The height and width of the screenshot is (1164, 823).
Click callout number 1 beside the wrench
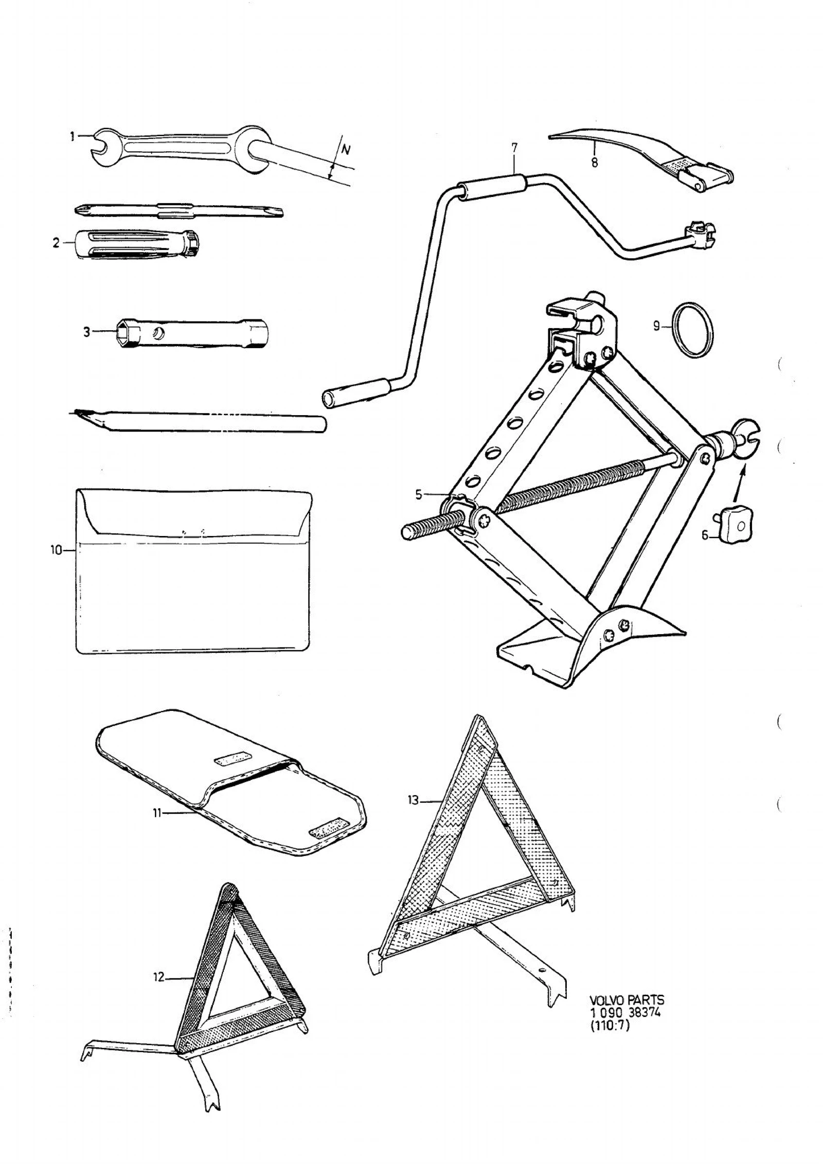click(73, 136)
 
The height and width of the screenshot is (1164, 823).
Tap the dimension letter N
click(346, 150)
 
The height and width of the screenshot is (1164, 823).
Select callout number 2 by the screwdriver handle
click(56, 243)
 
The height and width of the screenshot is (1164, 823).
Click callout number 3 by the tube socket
click(87, 332)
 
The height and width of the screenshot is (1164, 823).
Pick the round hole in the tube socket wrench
click(159, 333)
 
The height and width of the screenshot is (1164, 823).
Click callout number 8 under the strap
click(595, 163)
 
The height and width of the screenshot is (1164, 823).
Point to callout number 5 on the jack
click(419, 495)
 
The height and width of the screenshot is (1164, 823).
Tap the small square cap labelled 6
click(737, 526)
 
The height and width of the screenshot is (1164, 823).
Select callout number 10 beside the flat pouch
click(56, 551)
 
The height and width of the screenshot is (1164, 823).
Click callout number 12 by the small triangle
click(159, 977)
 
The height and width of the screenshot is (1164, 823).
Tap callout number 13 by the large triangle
click(413, 801)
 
